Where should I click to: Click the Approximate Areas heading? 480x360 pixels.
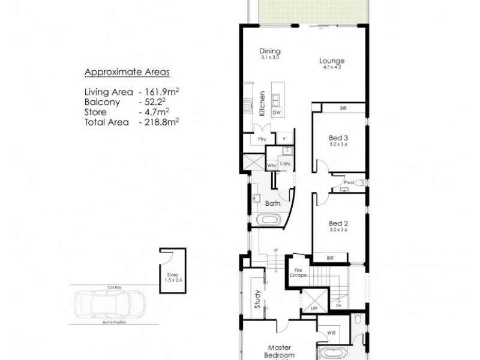pos(127,73)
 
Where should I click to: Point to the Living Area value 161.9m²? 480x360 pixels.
pos(159,92)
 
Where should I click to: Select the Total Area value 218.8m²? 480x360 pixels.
pos(159,122)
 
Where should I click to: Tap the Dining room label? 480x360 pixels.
pos(270,51)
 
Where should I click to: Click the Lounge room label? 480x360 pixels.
pos(331,61)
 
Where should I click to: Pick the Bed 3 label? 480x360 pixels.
pos(338,137)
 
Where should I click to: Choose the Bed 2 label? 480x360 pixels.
pos(338,223)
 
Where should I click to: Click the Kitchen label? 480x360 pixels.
pos(262,104)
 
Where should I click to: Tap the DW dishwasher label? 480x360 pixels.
pos(277,113)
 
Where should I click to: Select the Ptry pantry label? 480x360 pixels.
pos(262,139)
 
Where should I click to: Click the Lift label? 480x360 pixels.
pos(314,308)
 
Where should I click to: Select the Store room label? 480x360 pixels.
pos(172,276)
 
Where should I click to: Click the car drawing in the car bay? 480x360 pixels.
pos(109,304)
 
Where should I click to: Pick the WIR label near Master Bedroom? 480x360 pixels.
pos(331,333)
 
